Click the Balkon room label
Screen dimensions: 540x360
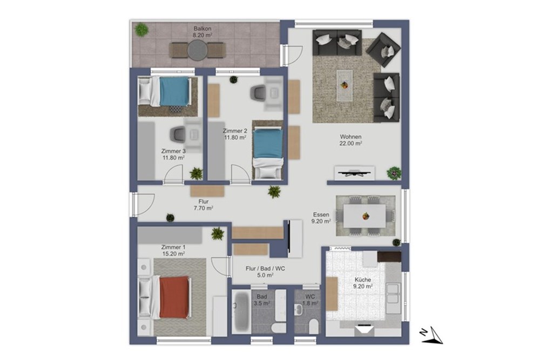tap(202, 32)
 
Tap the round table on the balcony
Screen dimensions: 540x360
tap(198, 50)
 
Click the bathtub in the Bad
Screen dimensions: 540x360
tap(240, 312)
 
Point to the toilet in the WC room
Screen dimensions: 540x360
tap(314, 327)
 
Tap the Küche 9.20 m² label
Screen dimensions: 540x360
tap(363, 283)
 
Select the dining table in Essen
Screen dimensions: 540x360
tap(365, 216)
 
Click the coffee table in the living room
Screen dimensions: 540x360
tap(345, 85)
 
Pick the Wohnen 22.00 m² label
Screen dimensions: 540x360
tap(350, 140)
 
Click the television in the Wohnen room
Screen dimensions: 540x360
tap(354, 173)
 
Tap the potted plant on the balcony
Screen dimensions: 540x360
tap(141, 30)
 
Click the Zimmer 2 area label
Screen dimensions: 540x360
tap(235, 134)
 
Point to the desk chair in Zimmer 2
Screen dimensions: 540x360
tap(258, 92)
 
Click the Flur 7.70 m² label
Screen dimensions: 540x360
tap(204, 205)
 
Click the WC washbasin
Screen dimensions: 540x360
tap(299, 310)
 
